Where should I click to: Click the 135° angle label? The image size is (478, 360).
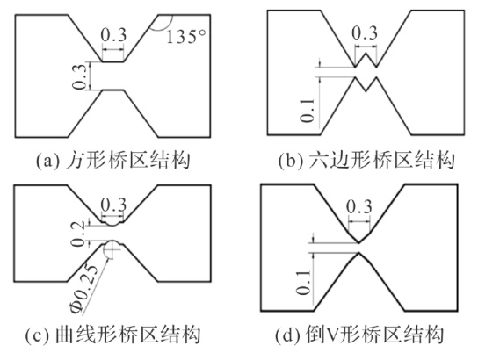click(x=185, y=37)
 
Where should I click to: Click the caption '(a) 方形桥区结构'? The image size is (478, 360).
click(x=113, y=161)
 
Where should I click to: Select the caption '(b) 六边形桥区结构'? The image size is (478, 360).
click(x=366, y=161)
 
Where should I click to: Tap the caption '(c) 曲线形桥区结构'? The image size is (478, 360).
click(x=112, y=335)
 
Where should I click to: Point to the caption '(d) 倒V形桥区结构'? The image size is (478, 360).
click(x=359, y=335)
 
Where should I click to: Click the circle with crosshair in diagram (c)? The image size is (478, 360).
click(x=112, y=248)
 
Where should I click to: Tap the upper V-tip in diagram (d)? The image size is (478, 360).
click(x=359, y=242)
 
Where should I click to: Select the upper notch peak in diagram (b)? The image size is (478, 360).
click(x=366, y=54)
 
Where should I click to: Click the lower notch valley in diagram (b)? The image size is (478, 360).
click(x=366, y=90)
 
